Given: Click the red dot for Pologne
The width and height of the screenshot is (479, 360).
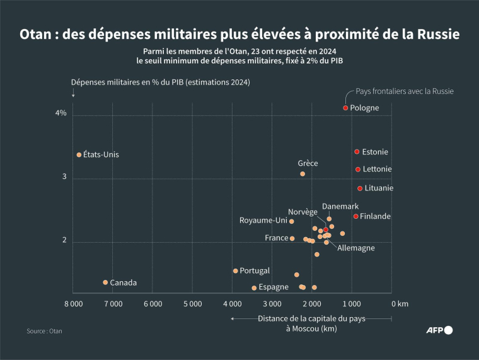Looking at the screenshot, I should [x=345, y=108].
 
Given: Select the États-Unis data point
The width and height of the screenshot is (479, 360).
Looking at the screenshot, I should [x=79, y=154].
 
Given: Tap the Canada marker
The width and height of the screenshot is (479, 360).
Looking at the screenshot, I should [x=105, y=282].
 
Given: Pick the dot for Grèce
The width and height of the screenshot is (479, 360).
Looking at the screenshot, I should [x=303, y=174].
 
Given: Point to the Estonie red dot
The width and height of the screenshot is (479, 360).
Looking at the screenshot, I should [x=357, y=152].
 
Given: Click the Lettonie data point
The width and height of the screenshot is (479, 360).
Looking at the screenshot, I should [x=358, y=169].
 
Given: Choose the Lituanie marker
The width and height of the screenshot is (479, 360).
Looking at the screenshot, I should [x=360, y=188].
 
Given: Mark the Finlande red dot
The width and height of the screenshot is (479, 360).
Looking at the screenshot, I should [x=355, y=216].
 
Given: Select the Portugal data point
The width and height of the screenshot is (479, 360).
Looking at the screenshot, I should [x=235, y=271].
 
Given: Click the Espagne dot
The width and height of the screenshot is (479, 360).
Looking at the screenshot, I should [x=254, y=288].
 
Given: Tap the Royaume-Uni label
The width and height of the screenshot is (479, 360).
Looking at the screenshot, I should [x=263, y=221].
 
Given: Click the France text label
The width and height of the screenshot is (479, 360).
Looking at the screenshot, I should [x=276, y=238].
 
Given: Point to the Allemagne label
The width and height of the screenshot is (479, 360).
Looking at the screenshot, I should [x=355, y=248].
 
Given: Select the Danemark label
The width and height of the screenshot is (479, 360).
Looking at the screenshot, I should [x=340, y=207].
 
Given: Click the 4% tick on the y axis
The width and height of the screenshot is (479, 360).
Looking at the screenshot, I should [x=61, y=113].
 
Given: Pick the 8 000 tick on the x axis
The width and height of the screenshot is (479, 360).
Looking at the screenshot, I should [x=73, y=303].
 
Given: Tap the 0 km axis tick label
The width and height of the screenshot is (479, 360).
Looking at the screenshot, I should [x=400, y=303].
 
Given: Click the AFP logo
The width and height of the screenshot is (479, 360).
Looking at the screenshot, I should [x=439, y=330].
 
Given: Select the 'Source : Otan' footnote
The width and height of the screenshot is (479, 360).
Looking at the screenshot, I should [x=44, y=330].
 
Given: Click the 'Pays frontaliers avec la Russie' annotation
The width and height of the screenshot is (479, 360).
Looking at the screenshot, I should [x=405, y=91].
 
